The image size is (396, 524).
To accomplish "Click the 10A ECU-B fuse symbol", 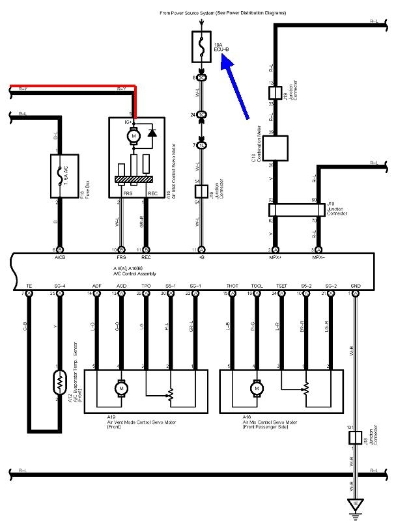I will point(202,46).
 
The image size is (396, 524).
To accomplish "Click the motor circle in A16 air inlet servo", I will point(135,136).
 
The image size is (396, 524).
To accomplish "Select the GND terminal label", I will point(356,286).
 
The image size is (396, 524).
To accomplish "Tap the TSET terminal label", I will point(281,286).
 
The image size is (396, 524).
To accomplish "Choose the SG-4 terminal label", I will point(60,286).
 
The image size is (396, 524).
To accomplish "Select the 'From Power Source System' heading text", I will point(202,12).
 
